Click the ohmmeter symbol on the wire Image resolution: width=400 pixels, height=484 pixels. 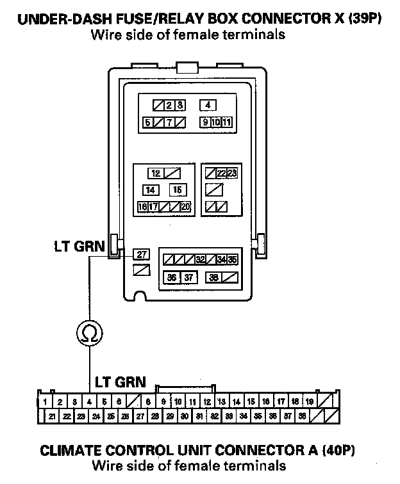pos(90,332)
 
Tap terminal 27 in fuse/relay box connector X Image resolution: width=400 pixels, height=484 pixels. pos(141,254)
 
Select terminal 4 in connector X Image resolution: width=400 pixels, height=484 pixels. pos(208,105)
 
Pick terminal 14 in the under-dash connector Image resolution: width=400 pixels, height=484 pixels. pos(151,190)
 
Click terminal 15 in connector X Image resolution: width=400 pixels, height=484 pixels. pos(178,190)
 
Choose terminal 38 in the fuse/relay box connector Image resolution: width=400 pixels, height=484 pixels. pos(213,277)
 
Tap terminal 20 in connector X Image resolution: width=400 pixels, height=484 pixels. pos(185,207)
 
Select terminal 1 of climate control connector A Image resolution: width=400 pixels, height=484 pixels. pos(44,402)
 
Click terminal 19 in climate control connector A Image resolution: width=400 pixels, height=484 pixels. pos(310,402)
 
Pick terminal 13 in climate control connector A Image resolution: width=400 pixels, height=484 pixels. pos(221,402)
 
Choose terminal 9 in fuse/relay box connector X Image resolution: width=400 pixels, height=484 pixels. pos(204,122)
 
